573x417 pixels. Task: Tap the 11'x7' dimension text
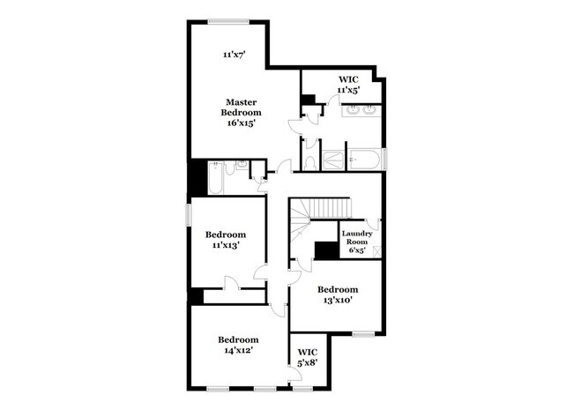tap(233, 55)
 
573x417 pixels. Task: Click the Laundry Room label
tap(356, 241)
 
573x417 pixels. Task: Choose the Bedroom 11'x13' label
tap(225, 240)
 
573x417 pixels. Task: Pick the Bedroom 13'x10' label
tap(338, 294)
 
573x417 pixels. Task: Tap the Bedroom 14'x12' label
tap(238, 345)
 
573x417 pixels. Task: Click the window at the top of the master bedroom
tap(227, 20)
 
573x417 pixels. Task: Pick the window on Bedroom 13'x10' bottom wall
tap(363, 333)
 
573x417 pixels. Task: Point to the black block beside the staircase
tap(327, 250)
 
